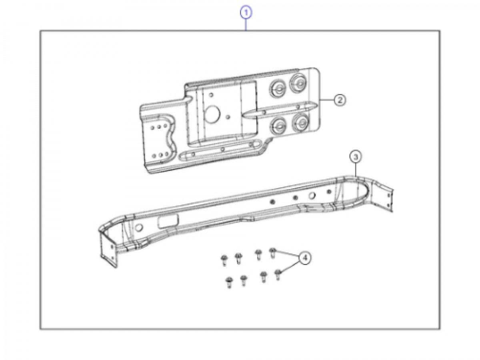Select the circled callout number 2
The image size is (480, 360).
tap(339, 100)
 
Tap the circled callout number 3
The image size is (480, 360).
tap(356, 157)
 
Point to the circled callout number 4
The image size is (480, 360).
tap(304, 258)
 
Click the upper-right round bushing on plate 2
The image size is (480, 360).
tap(298, 82)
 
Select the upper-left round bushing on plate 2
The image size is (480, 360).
tap(277, 87)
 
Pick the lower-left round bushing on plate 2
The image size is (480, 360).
tap(278, 126)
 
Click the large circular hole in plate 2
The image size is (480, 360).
tap(212, 114)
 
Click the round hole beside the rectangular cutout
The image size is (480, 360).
tap(139, 228)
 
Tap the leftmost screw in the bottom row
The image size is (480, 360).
tap(229, 282)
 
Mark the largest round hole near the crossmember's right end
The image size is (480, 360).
tap(312, 196)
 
